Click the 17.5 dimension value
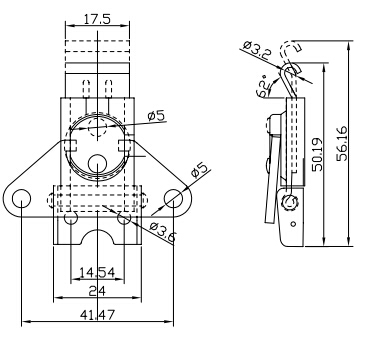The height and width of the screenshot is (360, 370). pos(97,19)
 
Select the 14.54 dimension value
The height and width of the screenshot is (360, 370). pos(97,273)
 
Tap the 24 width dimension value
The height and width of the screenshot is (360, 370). pos(97,291)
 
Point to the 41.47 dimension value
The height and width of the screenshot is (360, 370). pos(97,315)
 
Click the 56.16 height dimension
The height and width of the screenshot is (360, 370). pos(342,143)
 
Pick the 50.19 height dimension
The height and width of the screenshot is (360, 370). pos(317,154)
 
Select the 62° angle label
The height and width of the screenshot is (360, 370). pos(264,86)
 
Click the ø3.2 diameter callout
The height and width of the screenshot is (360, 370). pos(256,49)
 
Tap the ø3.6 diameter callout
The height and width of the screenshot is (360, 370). pos(163,231)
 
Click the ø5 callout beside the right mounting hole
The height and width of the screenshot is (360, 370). pos(199,170)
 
